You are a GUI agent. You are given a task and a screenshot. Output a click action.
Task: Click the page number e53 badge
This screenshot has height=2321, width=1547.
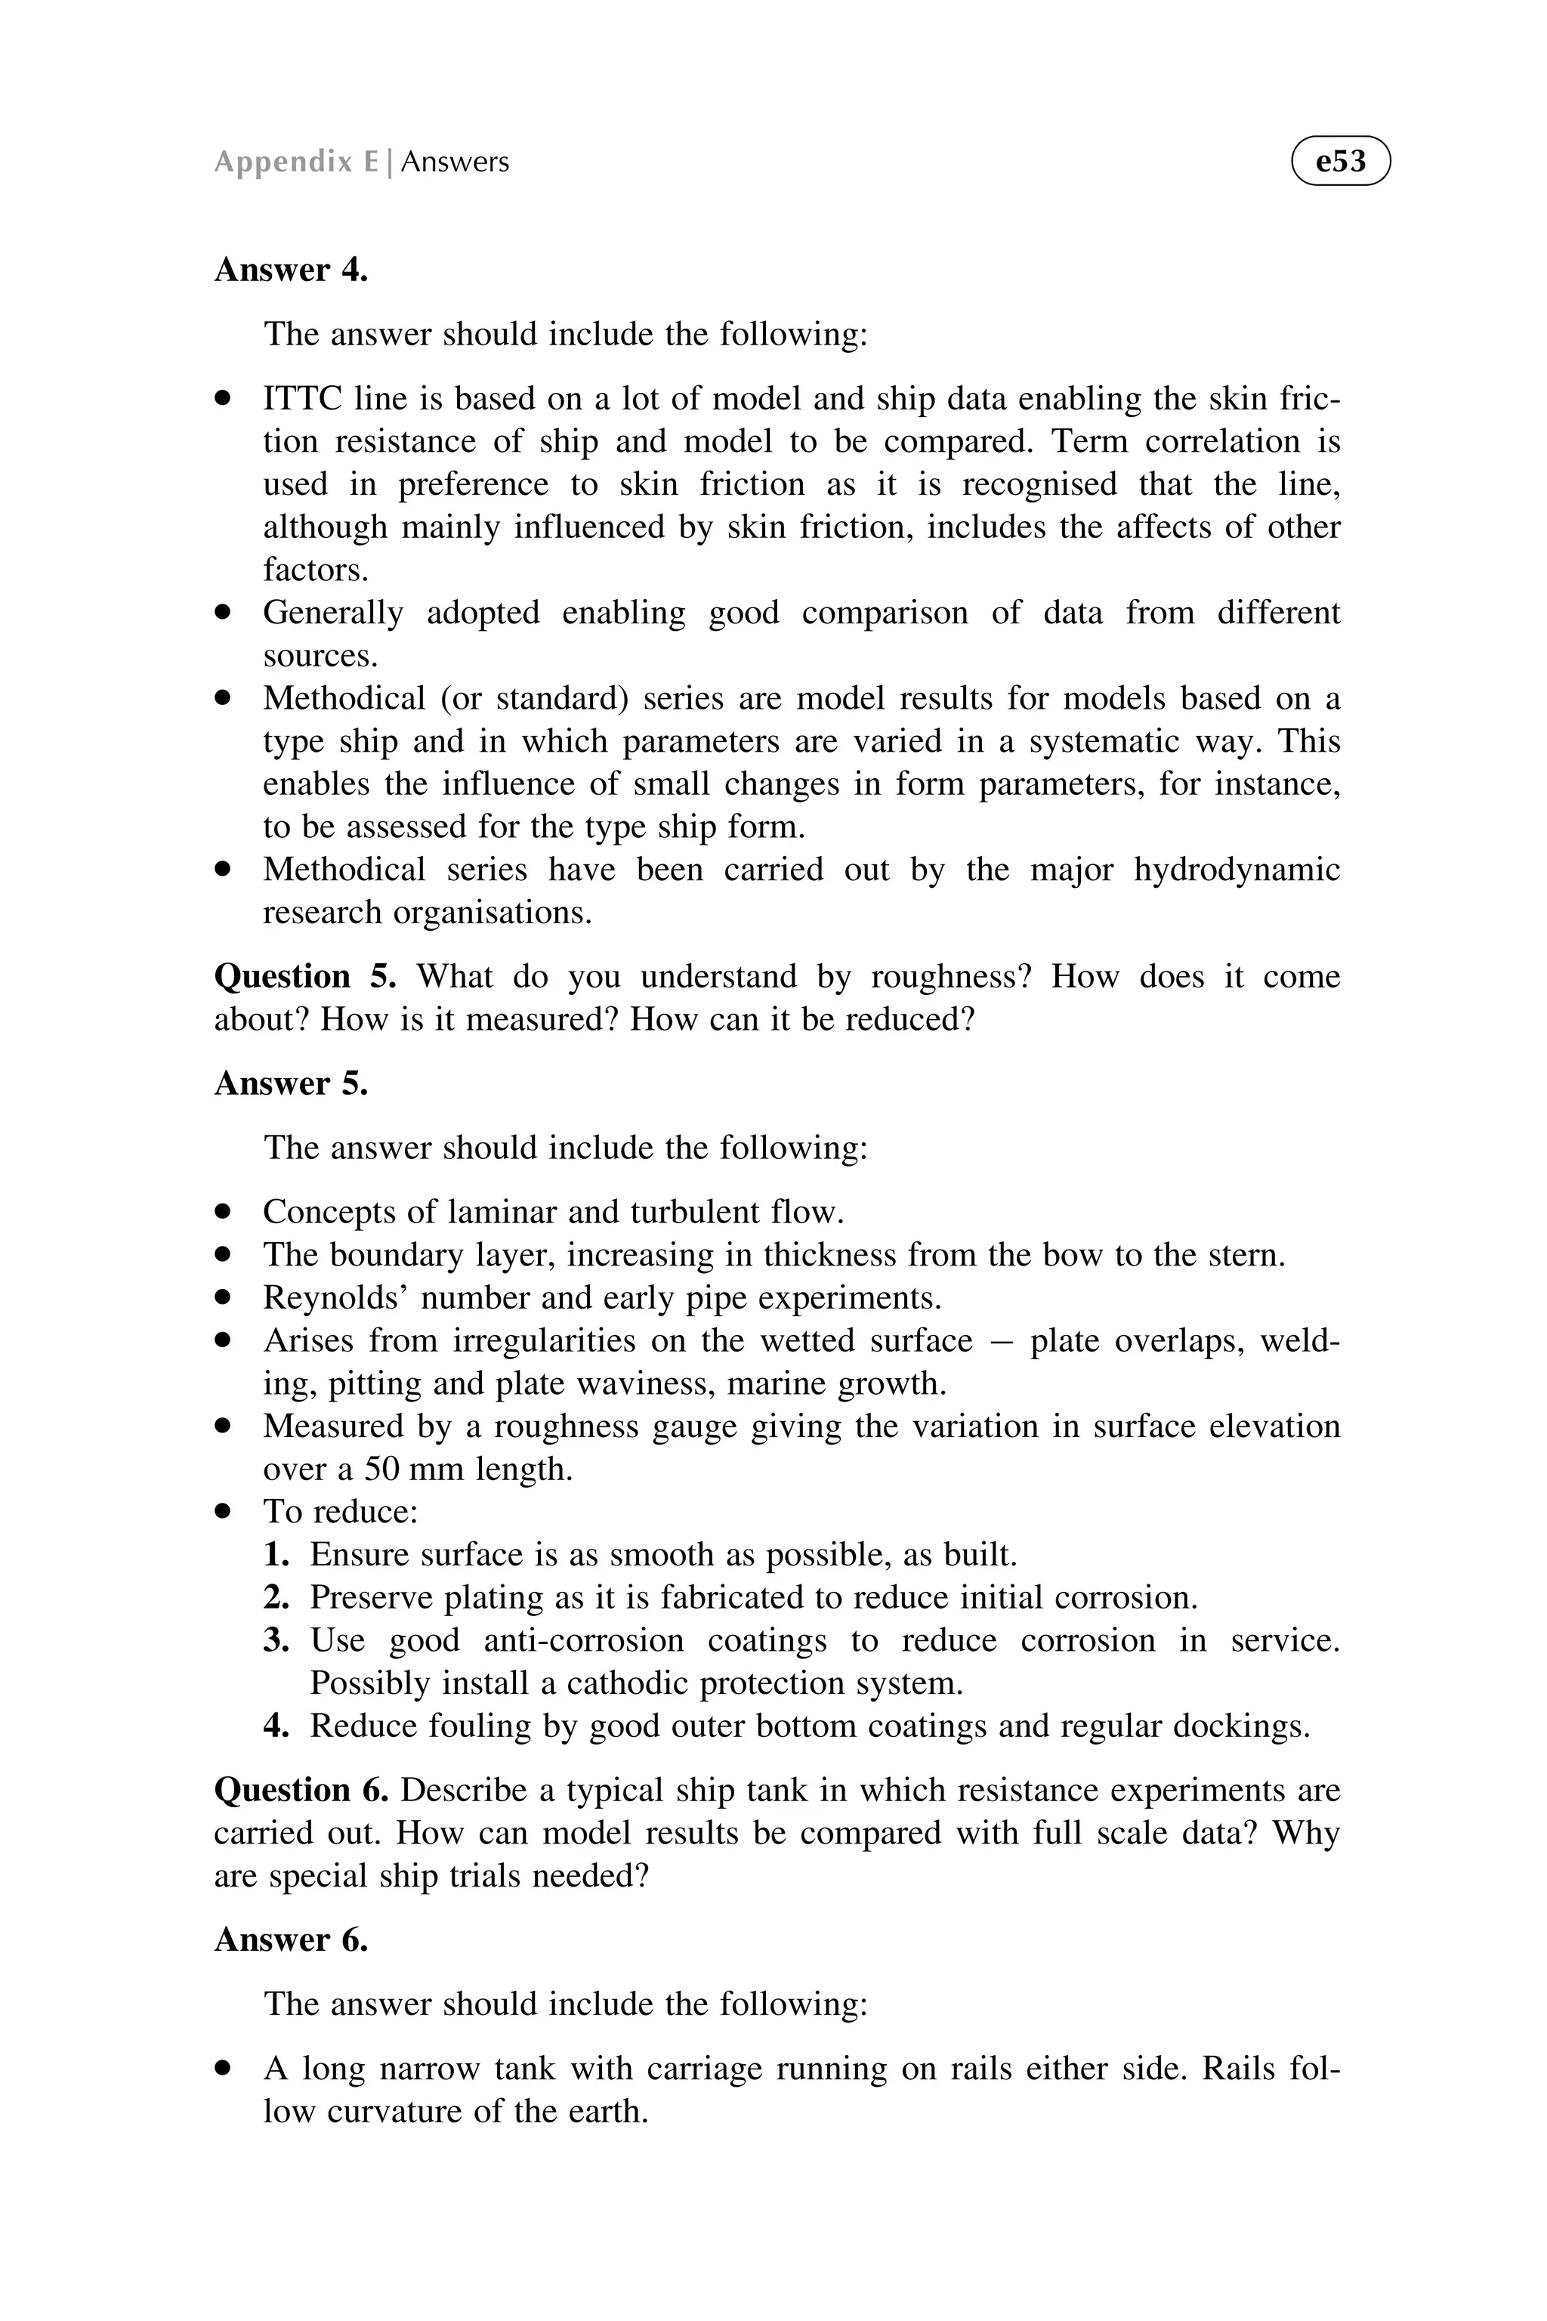point(1340,161)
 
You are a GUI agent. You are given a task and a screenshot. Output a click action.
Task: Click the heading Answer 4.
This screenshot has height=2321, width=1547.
point(291,270)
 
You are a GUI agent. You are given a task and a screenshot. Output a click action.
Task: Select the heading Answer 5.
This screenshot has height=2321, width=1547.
point(291,1083)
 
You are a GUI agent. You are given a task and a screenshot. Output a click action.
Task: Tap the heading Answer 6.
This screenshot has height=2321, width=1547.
point(291,1939)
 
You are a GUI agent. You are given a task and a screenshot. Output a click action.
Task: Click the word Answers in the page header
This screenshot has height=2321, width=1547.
point(455,162)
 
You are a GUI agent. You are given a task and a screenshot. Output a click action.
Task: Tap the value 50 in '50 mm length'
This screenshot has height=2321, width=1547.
point(381,1469)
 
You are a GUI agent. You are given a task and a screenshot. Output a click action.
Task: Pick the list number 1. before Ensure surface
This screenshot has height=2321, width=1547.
point(276,1554)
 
